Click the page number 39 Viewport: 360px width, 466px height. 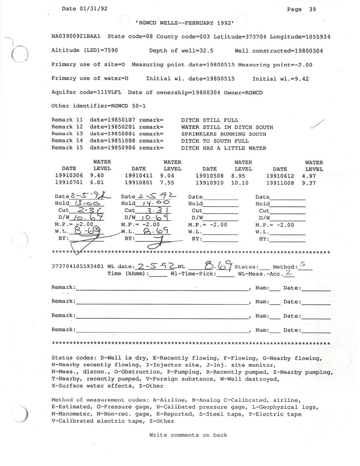[x=312, y=9]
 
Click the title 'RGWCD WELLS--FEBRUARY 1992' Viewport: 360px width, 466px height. [x=184, y=23]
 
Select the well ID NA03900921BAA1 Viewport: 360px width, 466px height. [x=77, y=36]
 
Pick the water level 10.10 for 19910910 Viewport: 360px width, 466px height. [x=243, y=183]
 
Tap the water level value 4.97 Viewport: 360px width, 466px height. [x=314, y=176]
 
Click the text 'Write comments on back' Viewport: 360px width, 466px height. [x=188, y=435]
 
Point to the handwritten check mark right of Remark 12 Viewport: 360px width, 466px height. [x=317, y=124]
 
